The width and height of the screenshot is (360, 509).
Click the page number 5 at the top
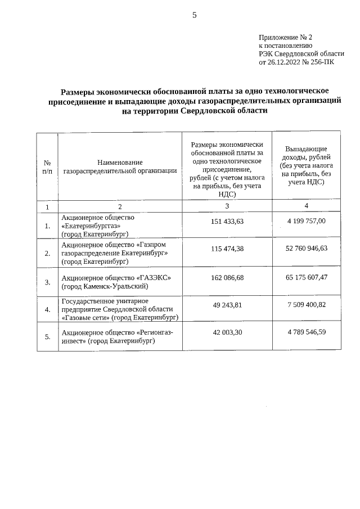point(194,15)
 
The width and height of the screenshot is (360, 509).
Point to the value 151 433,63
point(227,221)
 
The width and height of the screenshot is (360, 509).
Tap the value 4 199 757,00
point(306,221)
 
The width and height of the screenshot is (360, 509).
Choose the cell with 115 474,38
point(227,249)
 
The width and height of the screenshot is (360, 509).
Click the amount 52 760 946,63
point(306,249)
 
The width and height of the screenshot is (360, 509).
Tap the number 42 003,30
point(227,332)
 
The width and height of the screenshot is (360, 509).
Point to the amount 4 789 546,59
point(306,332)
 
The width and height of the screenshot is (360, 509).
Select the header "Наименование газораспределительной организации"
point(120,166)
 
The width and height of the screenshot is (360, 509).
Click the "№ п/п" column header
point(47,166)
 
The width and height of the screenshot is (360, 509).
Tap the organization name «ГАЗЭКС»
point(152,278)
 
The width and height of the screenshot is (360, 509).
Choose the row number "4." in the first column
point(47,309)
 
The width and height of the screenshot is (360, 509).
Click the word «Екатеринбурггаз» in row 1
point(91,225)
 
